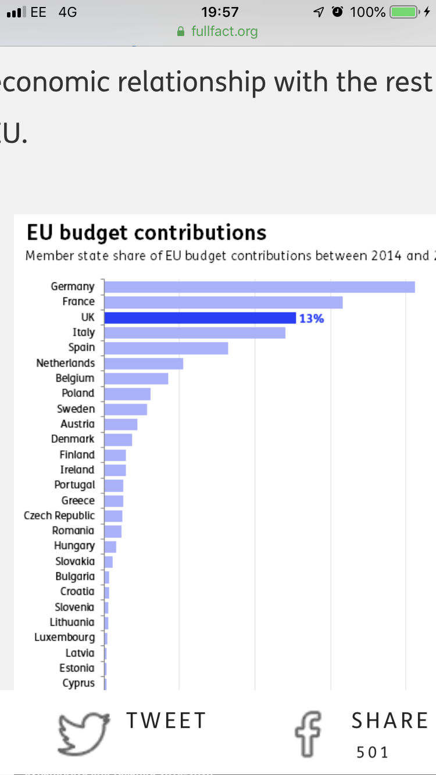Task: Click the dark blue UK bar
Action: (x=200, y=318)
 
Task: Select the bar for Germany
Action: (x=259, y=287)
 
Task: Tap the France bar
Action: (x=223, y=302)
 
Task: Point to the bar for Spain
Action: (x=166, y=348)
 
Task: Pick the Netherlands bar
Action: (x=144, y=364)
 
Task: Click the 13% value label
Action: (x=311, y=318)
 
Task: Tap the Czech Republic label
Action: (x=59, y=515)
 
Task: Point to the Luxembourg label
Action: (x=65, y=637)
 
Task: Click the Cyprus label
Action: (x=78, y=683)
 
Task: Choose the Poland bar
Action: (x=127, y=394)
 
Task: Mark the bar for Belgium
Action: (x=136, y=379)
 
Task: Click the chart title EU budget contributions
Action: (x=146, y=232)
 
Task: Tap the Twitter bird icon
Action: (x=84, y=733)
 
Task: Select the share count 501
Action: (x=373, y=753)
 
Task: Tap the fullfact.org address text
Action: (x=224, y=31)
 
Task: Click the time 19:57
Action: (x=220, y=12)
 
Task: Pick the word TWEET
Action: (x=166, y=720)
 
